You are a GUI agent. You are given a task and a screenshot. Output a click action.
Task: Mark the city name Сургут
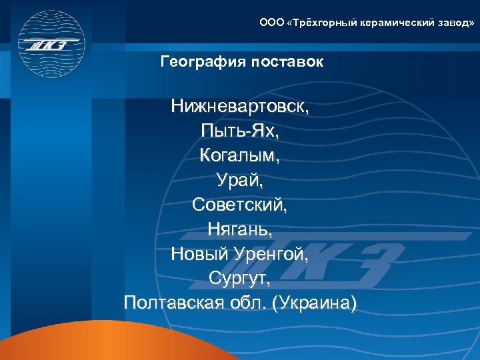click(239, 279)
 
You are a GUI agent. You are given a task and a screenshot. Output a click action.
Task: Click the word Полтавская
click(176, 303)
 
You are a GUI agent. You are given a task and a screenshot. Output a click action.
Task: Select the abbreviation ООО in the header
click(271, 23)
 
